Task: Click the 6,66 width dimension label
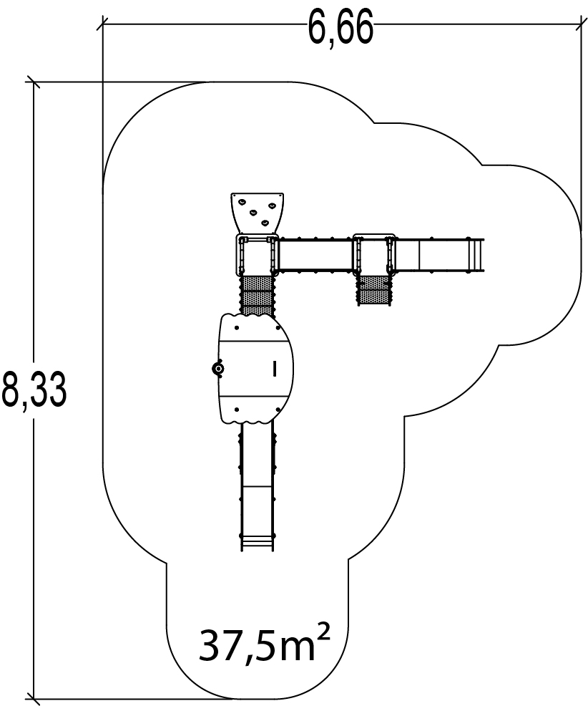(x=340, y=29)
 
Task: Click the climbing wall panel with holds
(x=258, y=211)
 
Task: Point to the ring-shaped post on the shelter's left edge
(x=217, y=369)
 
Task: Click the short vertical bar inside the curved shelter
(x=274, y=369)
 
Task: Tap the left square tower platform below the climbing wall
(x=257, y=256)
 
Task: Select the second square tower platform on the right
(x=373, y=254)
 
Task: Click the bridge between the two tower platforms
(x=315, y=255)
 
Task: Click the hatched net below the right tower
(x=373, y=290)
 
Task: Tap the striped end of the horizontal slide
(x=476, y=255)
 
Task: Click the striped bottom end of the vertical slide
(x=257, y=541)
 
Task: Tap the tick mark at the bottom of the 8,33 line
(x=33, y=697)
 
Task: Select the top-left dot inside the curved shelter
(x=237, y=329)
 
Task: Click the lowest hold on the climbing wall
(x=267, y=223)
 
